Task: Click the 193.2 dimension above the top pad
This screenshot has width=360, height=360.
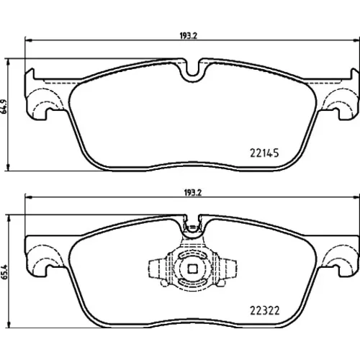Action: coord(189,36)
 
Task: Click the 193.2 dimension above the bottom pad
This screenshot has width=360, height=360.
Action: coord(193,193)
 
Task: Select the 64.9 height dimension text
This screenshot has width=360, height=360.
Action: coord(4,106)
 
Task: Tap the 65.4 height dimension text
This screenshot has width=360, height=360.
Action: coord(4,271)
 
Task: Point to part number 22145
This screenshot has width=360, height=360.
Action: coord(264,153)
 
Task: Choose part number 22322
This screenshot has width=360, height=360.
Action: coord(265,310)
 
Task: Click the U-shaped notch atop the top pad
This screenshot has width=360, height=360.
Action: coord(194,71)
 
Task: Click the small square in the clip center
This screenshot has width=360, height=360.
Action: coord(192,269)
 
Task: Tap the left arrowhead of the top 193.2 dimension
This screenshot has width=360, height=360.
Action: coord(29,41)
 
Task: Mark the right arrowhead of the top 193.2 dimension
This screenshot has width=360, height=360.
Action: coord(356,41)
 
